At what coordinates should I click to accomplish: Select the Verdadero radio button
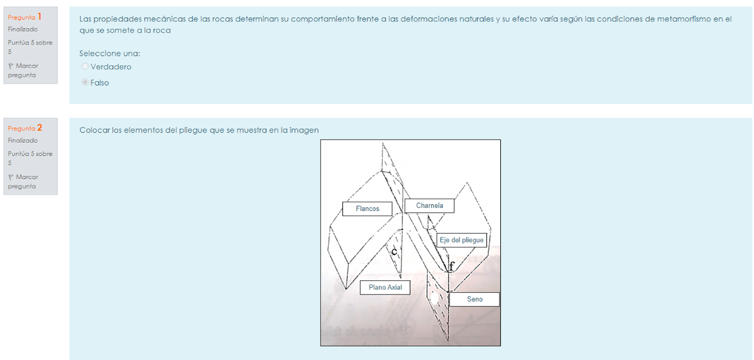click(85, 66)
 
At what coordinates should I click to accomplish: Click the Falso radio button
click(85, 82)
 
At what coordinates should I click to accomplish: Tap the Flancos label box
click(367, 209)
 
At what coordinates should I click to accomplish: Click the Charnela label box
click(429, 205)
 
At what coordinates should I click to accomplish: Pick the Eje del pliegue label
click(461, 240)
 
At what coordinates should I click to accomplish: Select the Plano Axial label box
click(385, 287)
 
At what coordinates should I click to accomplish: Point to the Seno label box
click(474, 299)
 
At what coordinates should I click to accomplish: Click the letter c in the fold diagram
click(394, 251)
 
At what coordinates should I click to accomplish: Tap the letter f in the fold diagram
click(452, 266)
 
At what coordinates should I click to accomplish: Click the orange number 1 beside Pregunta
click(40, 16)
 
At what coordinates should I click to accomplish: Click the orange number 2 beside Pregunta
click(40, 128)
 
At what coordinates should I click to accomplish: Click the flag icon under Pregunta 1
click(11, 66)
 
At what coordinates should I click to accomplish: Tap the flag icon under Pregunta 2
click(11, 177)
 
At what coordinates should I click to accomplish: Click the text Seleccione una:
click(110, 53)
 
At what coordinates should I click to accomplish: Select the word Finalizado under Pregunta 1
click(23, 30)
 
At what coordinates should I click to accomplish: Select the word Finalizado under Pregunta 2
click(23, 140)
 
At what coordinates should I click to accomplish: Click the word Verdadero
click(111, 67)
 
